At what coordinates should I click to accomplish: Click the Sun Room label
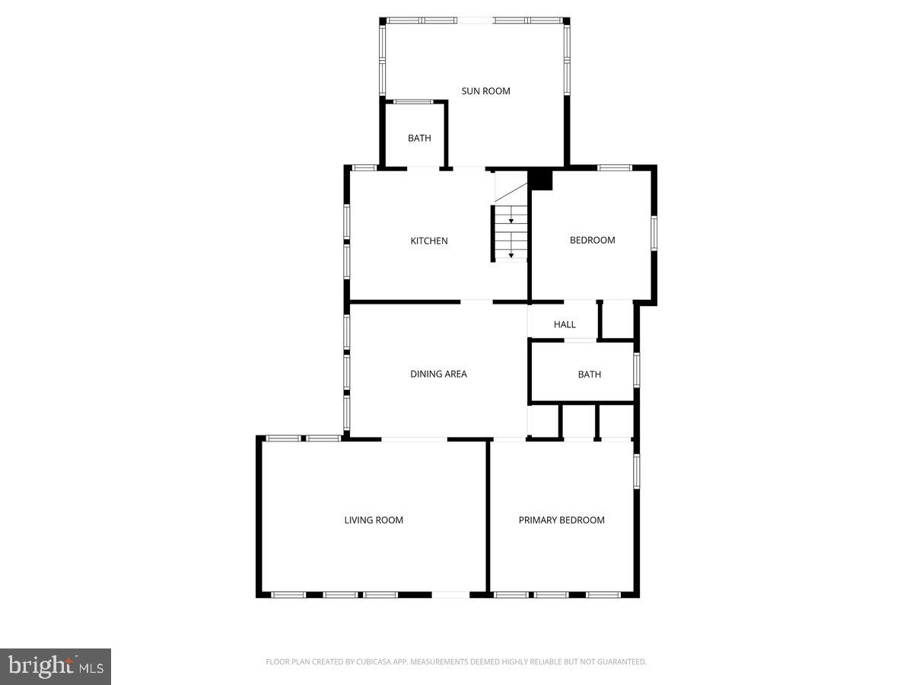pyautogui.click(x=485, y=91)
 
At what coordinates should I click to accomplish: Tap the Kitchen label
pyautogui.click(x=429, y=241)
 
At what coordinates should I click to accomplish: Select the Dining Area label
pyautogui.click(x=438, y=374)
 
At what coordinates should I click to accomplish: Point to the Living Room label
pyautogui.click(x=374, y=521)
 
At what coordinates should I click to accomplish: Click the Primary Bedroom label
pyautogui.click(x=561, y=521)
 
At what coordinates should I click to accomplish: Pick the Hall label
pyautogui.click(x=565, y=325)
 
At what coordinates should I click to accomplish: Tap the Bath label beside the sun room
pyautogui.click(x=419, y=139)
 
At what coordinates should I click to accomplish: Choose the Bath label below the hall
pyautogui.click(x=589, y=374)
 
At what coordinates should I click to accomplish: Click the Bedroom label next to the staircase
pyautogui.click(x=592, y=241)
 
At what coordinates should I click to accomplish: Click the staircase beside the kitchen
pyautogui.click(x=511, y=232)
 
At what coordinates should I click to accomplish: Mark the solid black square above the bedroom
pyautogui.click(x=540, y=180)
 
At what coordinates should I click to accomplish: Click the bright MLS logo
pyautogui.click(x=56, y=667)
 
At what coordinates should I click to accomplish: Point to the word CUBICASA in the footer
pyautogui.click(x=377, y=662)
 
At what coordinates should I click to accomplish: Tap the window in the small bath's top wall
pyautogui.click(x=413, y=101)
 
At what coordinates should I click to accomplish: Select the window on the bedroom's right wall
pyautogui.click(x=654, y=233)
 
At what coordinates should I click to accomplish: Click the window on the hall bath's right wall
pyautogui.click(x=637, y=369)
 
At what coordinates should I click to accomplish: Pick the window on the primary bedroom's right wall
pyautogui.click(x=637, y=471)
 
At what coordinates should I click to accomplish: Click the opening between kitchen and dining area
pyautogui.click(x=476, y=302)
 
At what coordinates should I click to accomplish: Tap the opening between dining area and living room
pyautogui.click(x=414, y=439)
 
